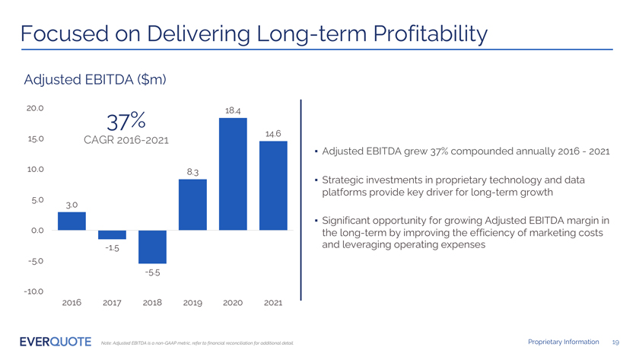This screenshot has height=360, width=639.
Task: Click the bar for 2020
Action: (x=233, y=174)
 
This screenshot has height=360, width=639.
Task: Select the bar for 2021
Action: (x=272, y=185)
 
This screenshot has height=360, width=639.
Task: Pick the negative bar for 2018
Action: (x=152, y=247)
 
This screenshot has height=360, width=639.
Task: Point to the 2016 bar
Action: (x=72, y=221)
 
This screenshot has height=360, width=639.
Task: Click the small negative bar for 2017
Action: (x=112, y=234)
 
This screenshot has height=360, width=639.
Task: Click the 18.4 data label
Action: (x=233, y=110)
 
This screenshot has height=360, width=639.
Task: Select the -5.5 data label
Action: (x=153, y=272)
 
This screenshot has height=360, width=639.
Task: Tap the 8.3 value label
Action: (x=192, y=172)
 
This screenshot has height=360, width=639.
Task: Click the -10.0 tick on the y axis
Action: (x=34, y=292)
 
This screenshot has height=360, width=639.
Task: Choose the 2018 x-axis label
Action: (x=152, y=303)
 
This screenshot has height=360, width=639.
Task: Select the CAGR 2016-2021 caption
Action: (x=126, y=141)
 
